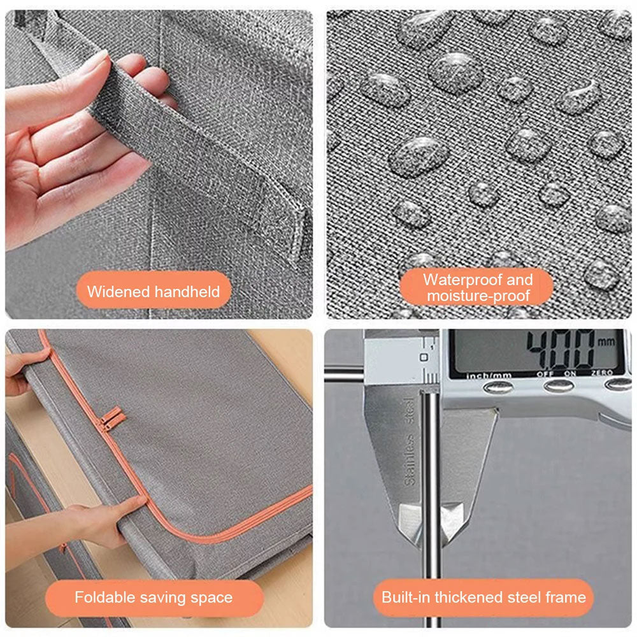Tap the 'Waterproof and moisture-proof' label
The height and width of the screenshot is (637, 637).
click(x=476, y=287)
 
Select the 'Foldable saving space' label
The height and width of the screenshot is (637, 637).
click(x=154, y=598)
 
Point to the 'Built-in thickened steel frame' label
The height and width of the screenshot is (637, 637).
click(x=483, y=598)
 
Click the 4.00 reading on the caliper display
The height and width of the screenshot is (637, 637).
click(x=561, y=349)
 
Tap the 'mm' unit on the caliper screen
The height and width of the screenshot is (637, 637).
click(x=606, y=341)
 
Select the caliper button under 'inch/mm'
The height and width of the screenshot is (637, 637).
click(x=498, y=387)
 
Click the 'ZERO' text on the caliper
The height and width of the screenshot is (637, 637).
click(x=602, y=373)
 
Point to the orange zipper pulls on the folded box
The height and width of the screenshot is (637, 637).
click(x=111, y=419)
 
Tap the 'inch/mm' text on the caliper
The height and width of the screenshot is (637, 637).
click(x=489, y=376)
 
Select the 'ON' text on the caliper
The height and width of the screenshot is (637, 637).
click(x=569, y=373)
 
